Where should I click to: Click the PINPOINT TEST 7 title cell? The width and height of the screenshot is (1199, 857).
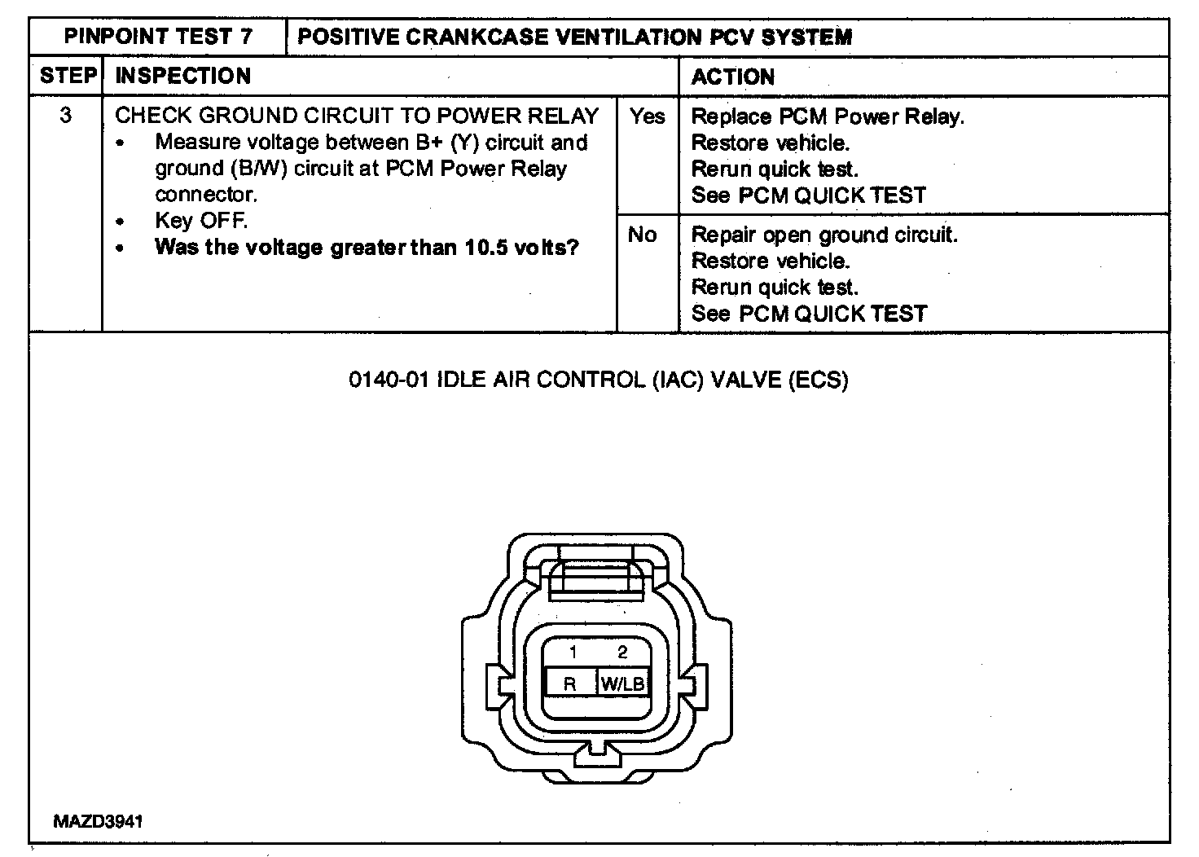(158, 37)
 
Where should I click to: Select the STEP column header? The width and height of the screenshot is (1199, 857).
(68, 76)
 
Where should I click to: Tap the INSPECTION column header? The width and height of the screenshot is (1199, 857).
(183, 76)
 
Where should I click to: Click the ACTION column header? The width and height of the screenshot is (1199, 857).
(732, 77)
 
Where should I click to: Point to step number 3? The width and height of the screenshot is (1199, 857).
(65, 116)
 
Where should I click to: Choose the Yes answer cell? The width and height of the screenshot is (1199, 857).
(648, 116)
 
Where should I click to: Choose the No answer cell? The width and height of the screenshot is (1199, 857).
(643, 235)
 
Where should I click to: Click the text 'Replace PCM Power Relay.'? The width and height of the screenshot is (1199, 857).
(827, 116)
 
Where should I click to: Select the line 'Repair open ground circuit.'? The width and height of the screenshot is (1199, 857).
(823, 235)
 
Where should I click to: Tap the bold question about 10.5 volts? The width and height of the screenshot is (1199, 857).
(367, 247)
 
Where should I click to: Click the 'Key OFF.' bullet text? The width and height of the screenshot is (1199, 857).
(201, 221)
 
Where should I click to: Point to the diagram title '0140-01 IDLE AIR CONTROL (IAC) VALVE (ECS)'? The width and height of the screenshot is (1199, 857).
(599, 380)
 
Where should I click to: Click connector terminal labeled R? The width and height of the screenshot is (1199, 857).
(569, 683)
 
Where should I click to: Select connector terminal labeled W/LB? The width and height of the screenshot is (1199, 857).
(623, 683)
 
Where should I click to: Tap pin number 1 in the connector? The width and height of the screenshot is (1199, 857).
(573, 652)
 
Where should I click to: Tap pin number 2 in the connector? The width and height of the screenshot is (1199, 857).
(623, 652)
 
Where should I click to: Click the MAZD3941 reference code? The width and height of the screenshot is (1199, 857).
(98, 821)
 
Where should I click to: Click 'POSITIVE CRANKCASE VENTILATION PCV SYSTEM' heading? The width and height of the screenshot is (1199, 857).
(574, 37)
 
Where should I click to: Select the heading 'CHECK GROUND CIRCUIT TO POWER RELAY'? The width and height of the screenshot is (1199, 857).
(357, 116)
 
